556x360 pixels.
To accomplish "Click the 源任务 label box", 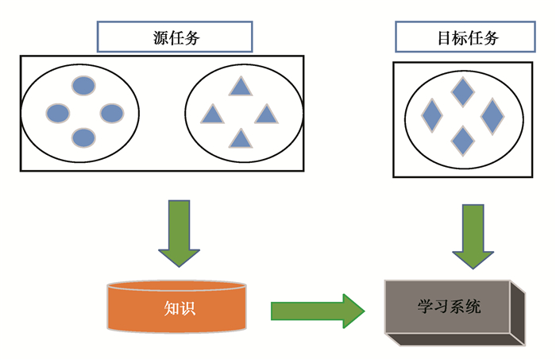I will (x=175, y=37).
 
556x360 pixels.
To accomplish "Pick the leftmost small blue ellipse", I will (x=58, y=114).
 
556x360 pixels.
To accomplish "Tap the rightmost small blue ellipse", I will (x=112, y=114).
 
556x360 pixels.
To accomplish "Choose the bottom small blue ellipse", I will (x=83, y=138).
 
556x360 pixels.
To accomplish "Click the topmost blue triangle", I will (x=240, y=87).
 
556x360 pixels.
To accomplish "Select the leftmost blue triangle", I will (x=212, y=114).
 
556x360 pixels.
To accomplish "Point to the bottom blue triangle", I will (x=240, y=140).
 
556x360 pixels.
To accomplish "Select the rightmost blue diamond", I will (x=492, y=116).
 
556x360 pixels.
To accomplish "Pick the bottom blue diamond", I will (x=462, y=141).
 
